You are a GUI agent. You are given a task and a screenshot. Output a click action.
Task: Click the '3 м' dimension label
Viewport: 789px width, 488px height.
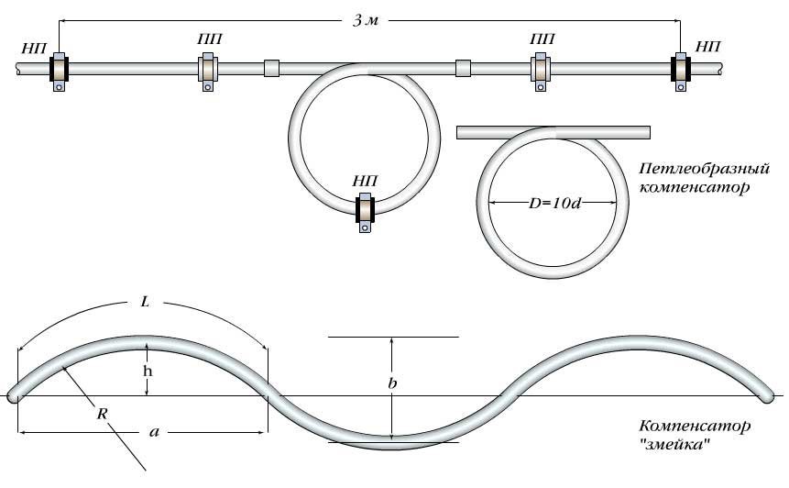(366, 21)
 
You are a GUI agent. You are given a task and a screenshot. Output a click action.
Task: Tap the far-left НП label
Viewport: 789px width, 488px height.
(35, 48)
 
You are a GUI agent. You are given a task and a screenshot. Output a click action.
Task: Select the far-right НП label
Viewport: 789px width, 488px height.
(708, 47)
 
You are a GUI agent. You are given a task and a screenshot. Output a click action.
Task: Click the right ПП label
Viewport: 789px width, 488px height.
(542, 39)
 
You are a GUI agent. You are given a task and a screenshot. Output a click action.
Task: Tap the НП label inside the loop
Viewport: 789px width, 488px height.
(366, 181)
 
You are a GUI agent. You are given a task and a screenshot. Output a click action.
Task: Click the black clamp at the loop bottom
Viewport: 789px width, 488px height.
(366, 210)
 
